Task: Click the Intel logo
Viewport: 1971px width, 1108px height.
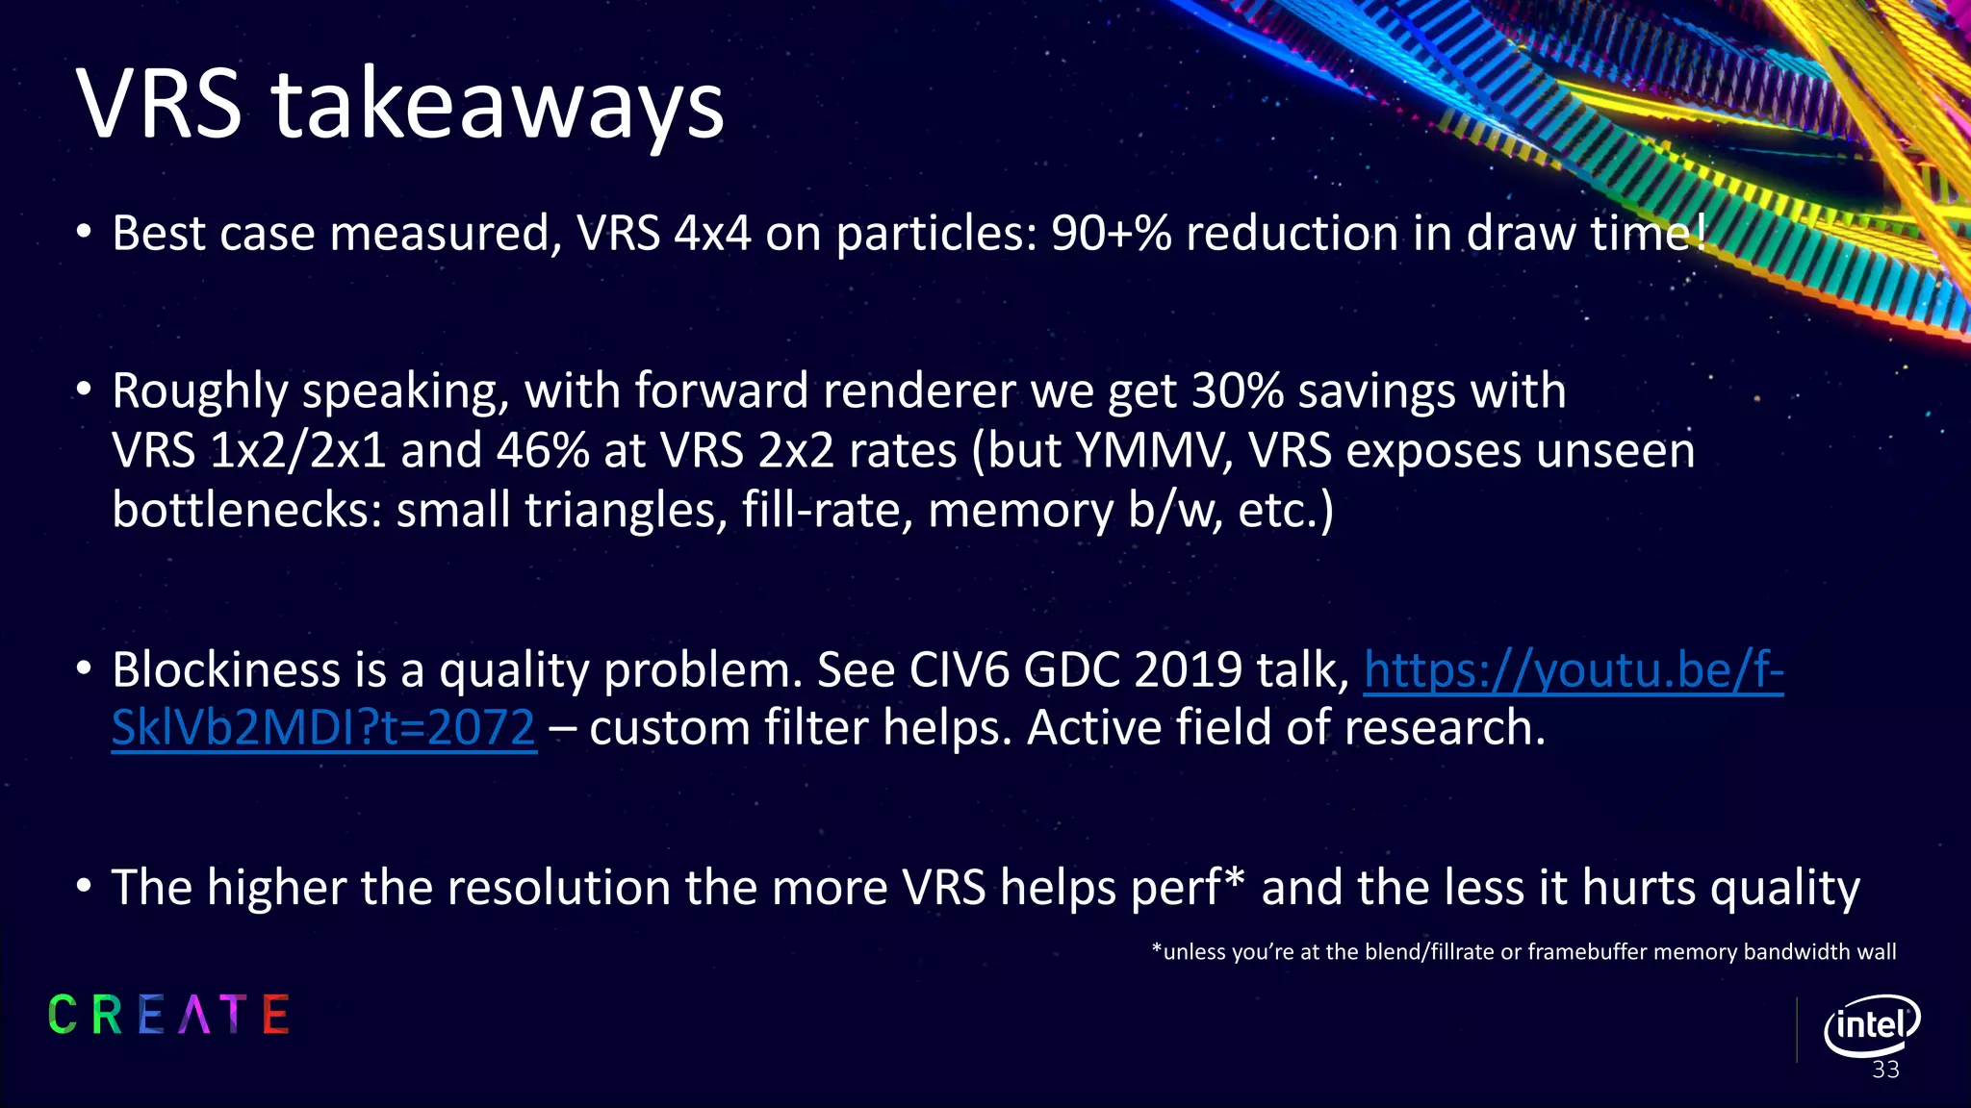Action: coord(1871,1025)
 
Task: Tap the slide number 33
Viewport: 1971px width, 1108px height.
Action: coord(1885,1070)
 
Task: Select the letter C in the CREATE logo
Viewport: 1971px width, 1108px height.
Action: coord(63,1015)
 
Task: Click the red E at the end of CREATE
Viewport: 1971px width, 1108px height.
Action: coord(275,1015)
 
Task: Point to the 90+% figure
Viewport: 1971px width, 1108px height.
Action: coord(1111,234)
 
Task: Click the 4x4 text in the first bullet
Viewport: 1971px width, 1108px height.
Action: coord(712,234)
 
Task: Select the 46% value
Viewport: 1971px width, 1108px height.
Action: coord(542,450)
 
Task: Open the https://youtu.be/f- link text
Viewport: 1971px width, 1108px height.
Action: coord(1573,670)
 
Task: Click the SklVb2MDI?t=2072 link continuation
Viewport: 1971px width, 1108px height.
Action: coord(323,728)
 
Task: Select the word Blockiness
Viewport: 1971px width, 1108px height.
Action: coord(226,670)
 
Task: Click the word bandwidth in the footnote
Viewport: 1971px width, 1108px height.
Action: coord(1796,952)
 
